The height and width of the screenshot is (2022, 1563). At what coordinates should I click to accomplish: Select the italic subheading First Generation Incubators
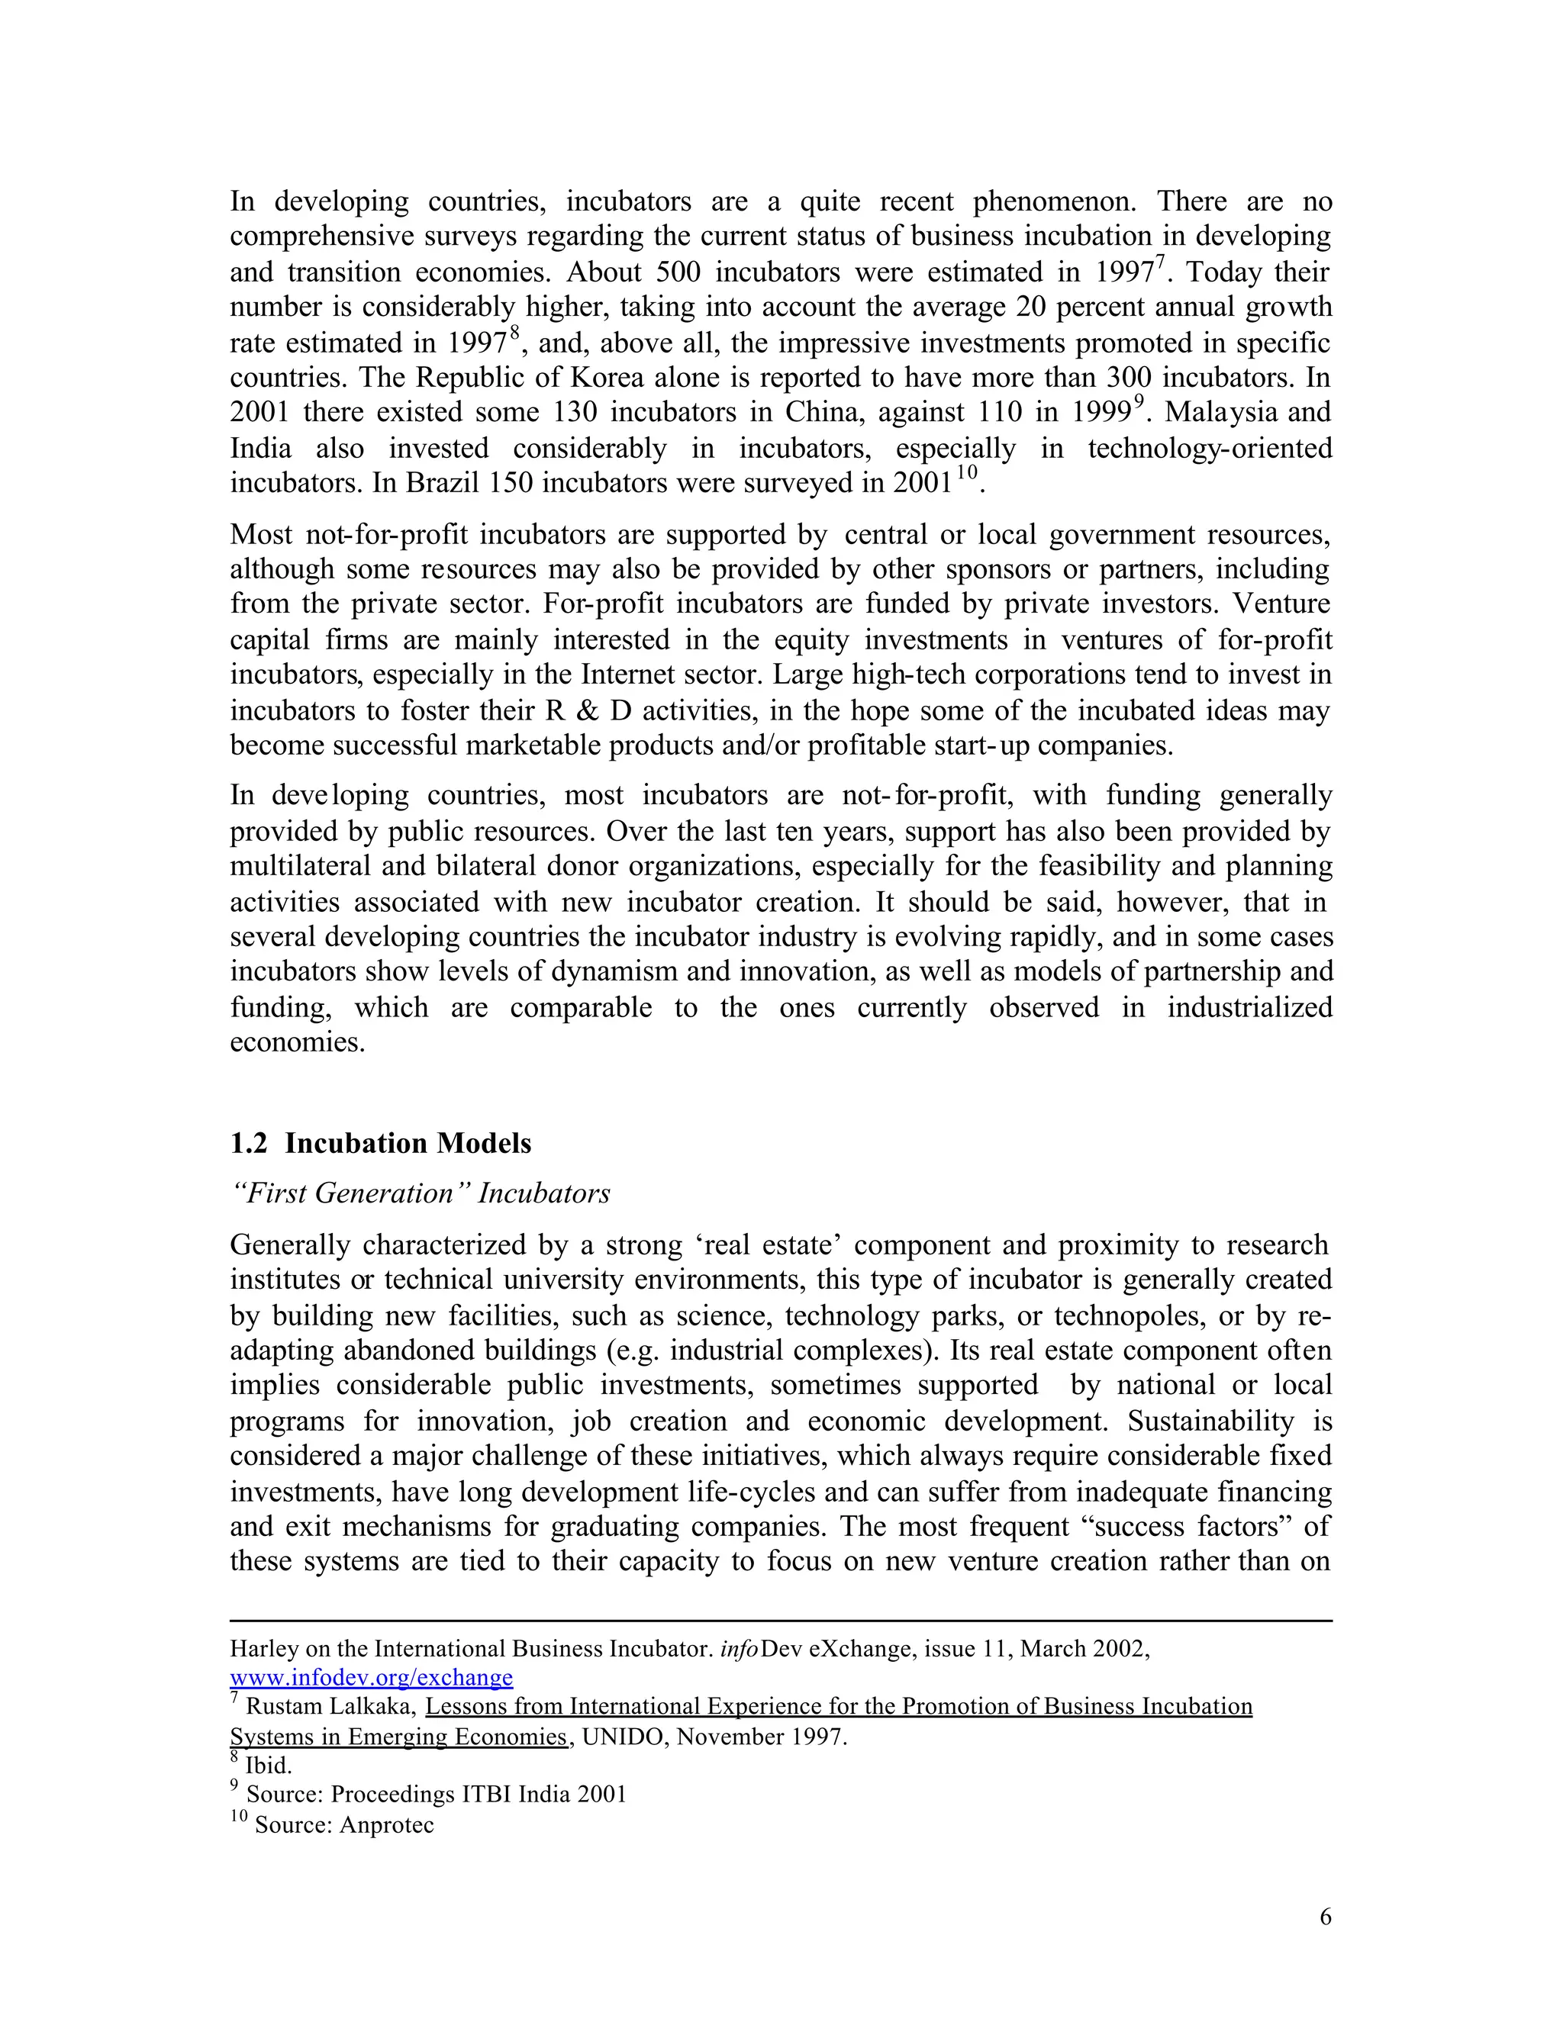(x=420, y=1193)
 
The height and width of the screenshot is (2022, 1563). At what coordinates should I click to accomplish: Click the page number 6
(x=1325, y=1917)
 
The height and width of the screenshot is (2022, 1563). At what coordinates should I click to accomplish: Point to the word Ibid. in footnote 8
(x=269, y=1766)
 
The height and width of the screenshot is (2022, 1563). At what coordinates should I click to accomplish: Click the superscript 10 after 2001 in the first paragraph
(x=967, y=473)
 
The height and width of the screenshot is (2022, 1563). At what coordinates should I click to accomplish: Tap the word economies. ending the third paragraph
(x=297, y=1042)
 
